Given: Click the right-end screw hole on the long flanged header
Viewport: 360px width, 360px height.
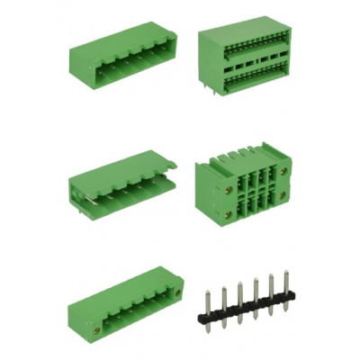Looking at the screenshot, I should [177, 293].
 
